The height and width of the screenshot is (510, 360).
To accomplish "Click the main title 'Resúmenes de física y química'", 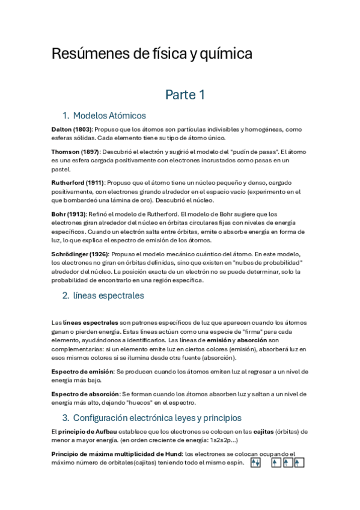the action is (151, 55).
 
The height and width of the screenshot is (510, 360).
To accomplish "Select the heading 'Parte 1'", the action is (185, 94).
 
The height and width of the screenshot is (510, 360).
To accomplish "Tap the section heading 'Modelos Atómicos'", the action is (109, 115).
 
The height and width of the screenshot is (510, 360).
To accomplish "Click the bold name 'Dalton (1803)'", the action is (71, 129).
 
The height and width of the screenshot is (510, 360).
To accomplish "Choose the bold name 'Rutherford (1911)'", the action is (78, 182).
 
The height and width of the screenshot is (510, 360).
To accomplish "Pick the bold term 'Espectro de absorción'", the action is (85, 393).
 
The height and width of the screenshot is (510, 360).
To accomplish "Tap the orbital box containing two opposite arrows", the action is (255, 462).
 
